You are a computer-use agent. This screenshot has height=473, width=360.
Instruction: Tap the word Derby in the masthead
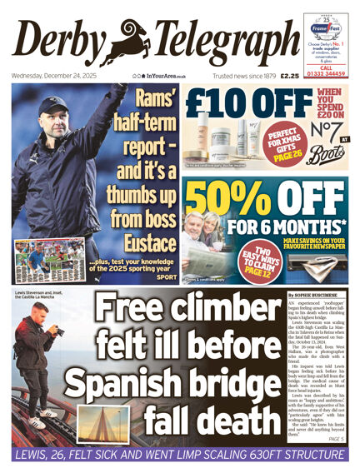pos(63,42)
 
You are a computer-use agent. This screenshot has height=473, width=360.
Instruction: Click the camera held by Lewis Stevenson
pos(57,331)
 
